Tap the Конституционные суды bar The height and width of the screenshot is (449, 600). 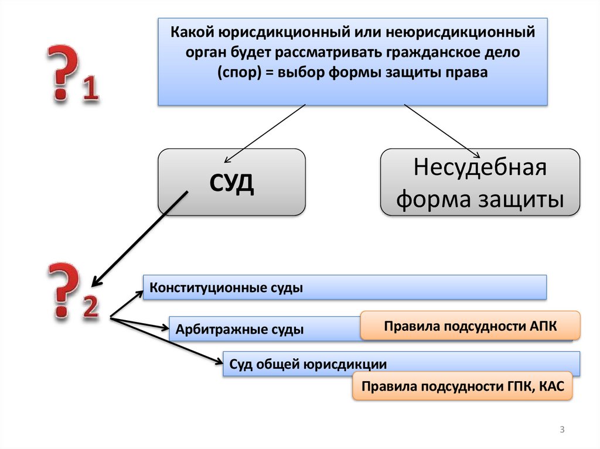pyautogui.click(x=345, y=288)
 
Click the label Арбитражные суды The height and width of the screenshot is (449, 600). pyautogui.click(x=240, y=330)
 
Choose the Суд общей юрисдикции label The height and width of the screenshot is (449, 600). pyautogui.click(x=308, y=364)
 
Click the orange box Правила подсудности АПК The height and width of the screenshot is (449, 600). pyautogui.click(x=471, y=326)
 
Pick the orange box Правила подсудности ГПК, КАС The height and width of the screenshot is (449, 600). pyautogui.click(x=462, y=386)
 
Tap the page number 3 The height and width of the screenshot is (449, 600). pyautogui.click(x=562, y=430)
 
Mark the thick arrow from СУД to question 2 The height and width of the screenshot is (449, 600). pyautogui.click(x=141, y=235)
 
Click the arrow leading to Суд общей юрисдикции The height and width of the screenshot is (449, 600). pyautogui.click(x=167, y=342)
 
